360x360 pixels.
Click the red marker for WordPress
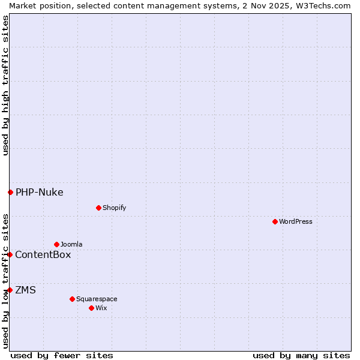click(x=275, y=221)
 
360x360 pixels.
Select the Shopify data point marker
click(x=98, y=208)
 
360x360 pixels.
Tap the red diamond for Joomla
click(x=56, y=244)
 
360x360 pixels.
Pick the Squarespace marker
click(x=72, y=299)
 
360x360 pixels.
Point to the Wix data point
click(x=91, y=308)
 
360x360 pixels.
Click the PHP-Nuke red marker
click(x=10, y=192)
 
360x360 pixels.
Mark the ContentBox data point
click(x=10, y=254)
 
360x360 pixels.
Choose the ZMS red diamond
click(x=10, y=290)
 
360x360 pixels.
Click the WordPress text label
click(x=296, y=221)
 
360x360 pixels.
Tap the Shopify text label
click(x=114, y=208)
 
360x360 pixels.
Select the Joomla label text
click(x=71, y=244)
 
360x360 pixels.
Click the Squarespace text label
click(x=97, y=299)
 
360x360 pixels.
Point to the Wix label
click(x=101, y=308)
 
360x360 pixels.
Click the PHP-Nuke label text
click(x=40, y=193)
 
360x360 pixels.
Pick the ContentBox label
click(x=43, y=255)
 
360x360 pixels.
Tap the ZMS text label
click(x=26, y=290)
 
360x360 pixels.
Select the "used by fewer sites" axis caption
click(x=62, y=355)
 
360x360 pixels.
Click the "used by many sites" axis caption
click(x=301, y=355)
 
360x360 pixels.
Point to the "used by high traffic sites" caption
click(x=5, y=85)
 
